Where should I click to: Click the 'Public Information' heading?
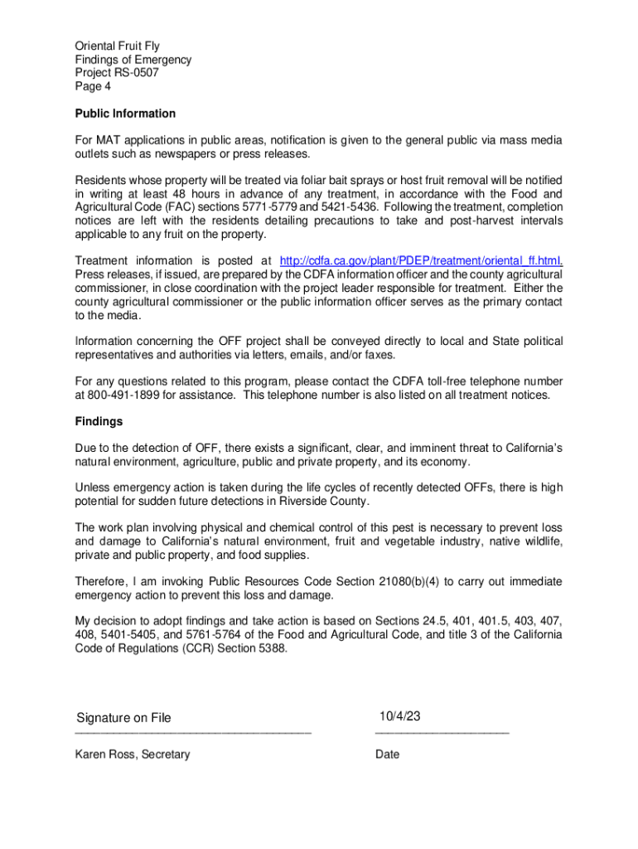[125, 114]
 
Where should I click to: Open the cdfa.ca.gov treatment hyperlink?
[422, 260]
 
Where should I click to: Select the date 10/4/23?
[400, 716]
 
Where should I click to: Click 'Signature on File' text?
[123, 718]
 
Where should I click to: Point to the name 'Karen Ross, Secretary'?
[133, 754]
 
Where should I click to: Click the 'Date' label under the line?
[387, 754]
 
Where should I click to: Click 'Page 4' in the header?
[93, 86]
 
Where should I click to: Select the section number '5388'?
[269, 649]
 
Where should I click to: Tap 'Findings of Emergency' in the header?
[133, 60]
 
